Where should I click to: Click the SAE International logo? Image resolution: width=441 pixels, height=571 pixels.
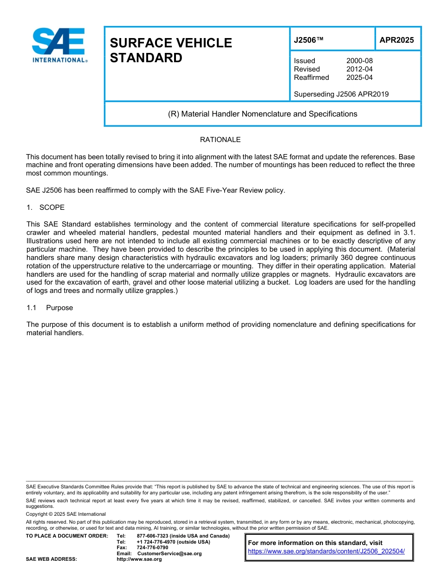point(59,45)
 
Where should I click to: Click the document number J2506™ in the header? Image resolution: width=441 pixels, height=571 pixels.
point(308,40)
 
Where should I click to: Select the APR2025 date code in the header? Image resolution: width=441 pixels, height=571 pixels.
point(396,40)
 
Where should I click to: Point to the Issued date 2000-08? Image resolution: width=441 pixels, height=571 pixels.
point(359,61)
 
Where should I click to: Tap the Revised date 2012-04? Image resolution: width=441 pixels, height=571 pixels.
point(359,69)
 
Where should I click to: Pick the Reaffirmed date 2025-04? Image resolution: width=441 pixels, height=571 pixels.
point(359,78)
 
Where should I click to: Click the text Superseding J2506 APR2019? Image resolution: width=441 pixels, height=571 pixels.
point(341,94)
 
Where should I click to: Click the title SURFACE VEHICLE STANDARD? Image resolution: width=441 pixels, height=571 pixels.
point(171,50)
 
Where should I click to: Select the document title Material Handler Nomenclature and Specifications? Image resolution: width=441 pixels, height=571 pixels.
point(262,114)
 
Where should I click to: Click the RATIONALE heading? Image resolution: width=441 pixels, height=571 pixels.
point(220,140)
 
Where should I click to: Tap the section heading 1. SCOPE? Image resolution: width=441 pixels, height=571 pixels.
point(45,208)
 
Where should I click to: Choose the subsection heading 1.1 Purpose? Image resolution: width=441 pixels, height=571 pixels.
point(50,308)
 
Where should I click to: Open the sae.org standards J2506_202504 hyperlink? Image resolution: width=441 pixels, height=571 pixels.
point(326,551)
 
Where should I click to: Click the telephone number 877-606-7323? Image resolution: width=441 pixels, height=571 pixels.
point(153,536)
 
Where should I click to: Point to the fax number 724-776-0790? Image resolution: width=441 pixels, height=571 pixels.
point(152,548)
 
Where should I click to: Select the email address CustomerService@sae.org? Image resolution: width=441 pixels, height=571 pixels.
point(169,553)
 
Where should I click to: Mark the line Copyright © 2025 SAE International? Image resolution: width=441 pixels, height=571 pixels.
point(66,514)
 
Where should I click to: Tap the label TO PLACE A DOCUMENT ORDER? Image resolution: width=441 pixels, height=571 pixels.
point(67,536)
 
